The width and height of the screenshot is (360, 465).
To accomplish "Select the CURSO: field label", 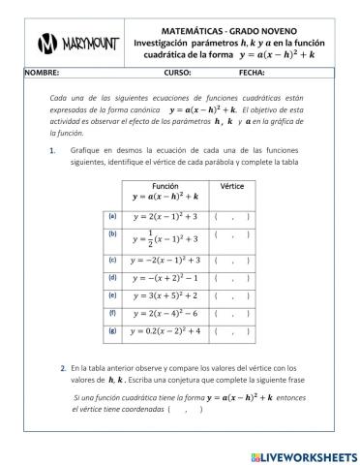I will click(177, 72).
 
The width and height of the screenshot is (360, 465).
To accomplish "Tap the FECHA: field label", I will click(251, 72).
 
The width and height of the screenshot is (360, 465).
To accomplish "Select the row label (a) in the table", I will click(112, 215).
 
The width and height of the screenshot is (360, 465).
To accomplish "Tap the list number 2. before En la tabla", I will click(62, 368).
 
